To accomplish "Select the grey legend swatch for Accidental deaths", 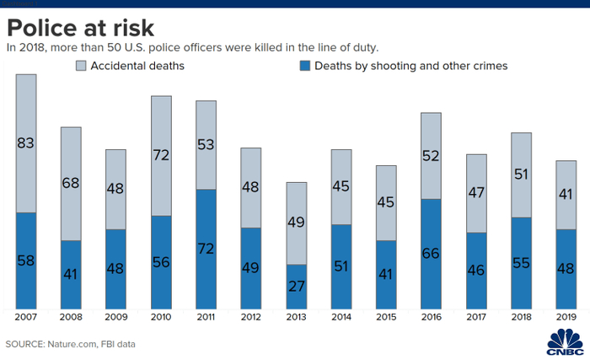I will (83, 65).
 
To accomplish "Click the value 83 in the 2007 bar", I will (26, 143).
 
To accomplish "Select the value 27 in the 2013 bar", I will (297, 286).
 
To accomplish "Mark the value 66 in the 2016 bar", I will (432, 254).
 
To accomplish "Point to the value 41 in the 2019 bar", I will (567, 194).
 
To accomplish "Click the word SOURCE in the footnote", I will (26, 344).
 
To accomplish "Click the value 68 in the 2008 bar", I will (71, 183).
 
